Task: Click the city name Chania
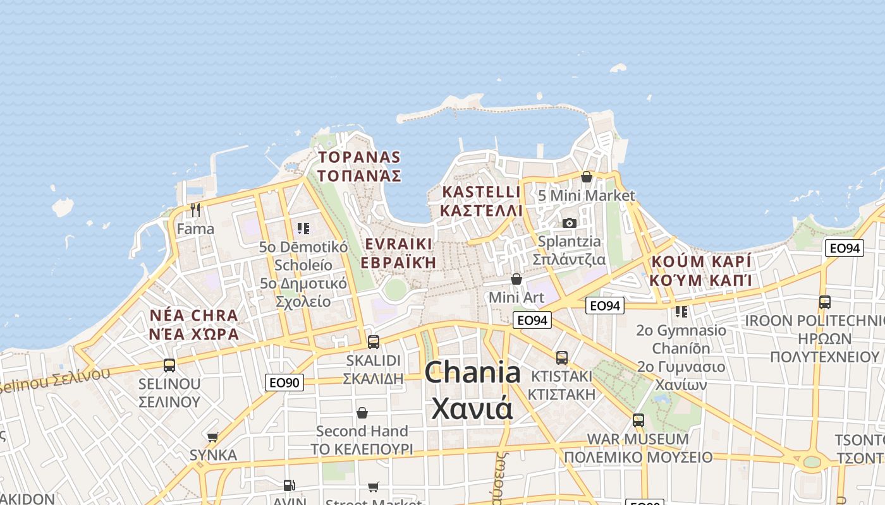click(472, 372)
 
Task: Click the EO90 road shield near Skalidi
click(284, 382)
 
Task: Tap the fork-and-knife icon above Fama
click(195, 210)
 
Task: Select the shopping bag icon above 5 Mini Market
click(587, 177)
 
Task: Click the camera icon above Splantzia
click(570, 223)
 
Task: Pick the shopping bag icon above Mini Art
click(516, 279)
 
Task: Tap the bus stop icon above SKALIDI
click(374, 342)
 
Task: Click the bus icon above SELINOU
click(169, 365)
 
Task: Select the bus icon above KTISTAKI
click(562, 358)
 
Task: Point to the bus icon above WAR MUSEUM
click(638, 420)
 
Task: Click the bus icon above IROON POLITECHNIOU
click(825, 302)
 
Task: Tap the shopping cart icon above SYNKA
click(213, 437)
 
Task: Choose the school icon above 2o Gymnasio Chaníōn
click(681, 311)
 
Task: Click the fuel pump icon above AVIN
click(289, 485)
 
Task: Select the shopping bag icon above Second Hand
click(362, 413)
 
